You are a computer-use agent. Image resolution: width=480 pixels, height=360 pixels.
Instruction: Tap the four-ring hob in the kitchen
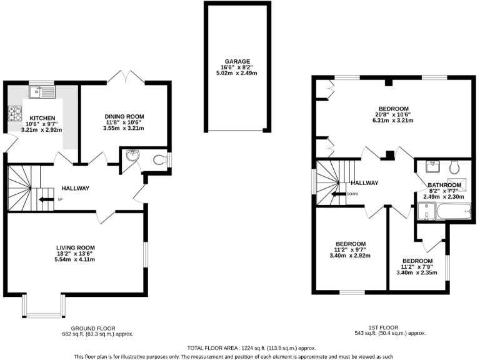point(14,115)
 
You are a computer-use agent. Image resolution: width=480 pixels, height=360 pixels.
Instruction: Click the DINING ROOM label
point(124,116)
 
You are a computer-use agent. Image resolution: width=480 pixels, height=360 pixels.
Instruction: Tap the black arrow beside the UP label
point(46,200)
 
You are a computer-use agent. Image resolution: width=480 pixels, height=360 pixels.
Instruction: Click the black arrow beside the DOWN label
point(339,194)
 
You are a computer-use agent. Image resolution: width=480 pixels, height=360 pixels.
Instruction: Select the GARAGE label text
point(237,61)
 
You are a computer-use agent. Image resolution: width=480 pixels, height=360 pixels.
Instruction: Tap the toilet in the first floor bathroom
point(455,166)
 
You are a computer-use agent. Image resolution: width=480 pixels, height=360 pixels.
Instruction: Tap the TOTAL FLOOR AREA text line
point(252,347)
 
